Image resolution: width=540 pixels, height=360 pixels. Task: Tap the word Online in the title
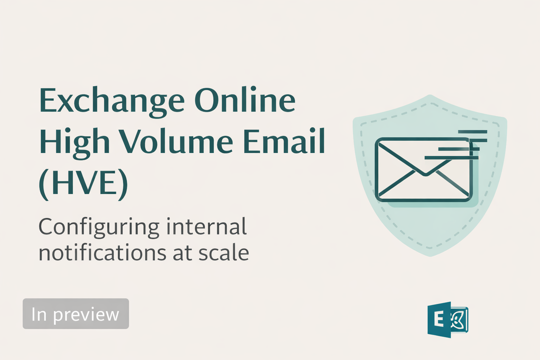pyautogui.click(x=245, y=101)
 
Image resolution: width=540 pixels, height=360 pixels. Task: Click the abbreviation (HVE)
pyautogui.click(x=83, y=184)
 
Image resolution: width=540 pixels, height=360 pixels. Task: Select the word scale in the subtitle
pyautogui.click(x=224, y=253)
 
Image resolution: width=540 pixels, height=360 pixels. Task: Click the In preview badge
pyautogui.click(x=76, y=314)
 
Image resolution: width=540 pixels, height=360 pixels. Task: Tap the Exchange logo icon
pyautogui.click(x=448, y=320)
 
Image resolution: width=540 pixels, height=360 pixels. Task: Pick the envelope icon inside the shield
pyautogui.click(x=424, y=170)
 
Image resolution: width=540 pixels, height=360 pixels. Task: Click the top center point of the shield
pyautogui.click(x=430, y=95)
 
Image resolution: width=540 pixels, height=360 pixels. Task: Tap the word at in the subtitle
pyautogui.click(x=182, y=253)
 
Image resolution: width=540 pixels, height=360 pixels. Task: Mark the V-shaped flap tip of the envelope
pyautogui.click(x=425, y=174)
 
